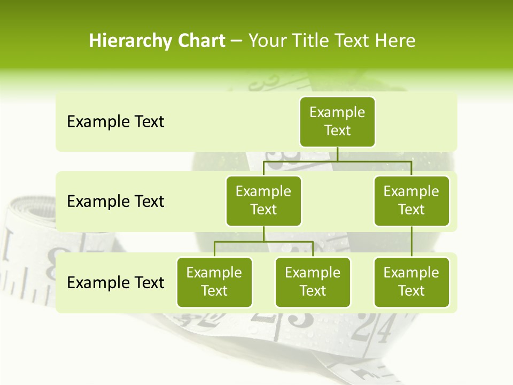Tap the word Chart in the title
(x=201, y=41)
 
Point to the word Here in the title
(x=395, y=41)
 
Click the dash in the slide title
(x=237, y=42)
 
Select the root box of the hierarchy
(x=337, y=121)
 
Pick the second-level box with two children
(x=263, y=201)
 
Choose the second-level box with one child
(x=411, y=201)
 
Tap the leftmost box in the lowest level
(x=214, y=282)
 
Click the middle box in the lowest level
(x=313, y=282)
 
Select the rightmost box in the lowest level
(x=411, y=282)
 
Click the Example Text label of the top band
(x=115, y=121)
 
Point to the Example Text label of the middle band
(x=115, y=201)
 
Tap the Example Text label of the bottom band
(x=115, y=282)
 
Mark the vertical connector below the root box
(x=337, y=154)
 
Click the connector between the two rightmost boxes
(x=411, y=242)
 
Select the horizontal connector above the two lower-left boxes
(x=263, y=242)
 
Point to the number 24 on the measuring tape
(x=370, y=328)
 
